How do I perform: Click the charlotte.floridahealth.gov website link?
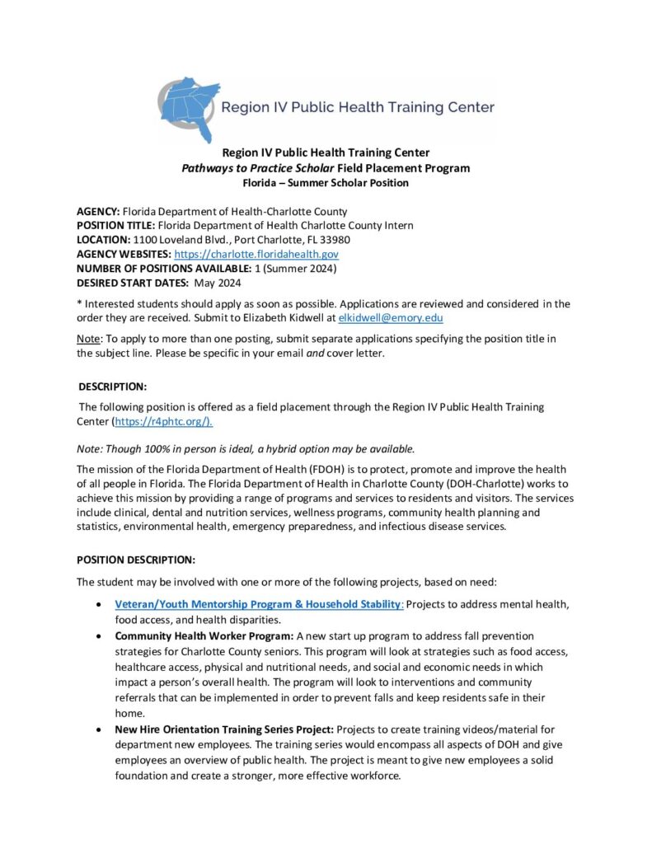pyautogui.click(x=256, y=255)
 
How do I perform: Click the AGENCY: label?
pyautogui.click(x=98, y=212)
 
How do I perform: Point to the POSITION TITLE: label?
pyautogui.click(x=115, y=226)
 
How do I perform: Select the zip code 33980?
pyautogui.click(x=334, y=240)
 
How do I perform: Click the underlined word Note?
pyautogui.click(x=87, y=340)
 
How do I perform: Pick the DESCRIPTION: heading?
pyautogui.click(x=113, y=387)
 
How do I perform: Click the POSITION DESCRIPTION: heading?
pyautogui.click(x=136, y=560)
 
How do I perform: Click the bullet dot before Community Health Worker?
pyautogui.click(x=100, y=636)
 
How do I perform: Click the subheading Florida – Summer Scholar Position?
pyautogui.click(x=326, y=182)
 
